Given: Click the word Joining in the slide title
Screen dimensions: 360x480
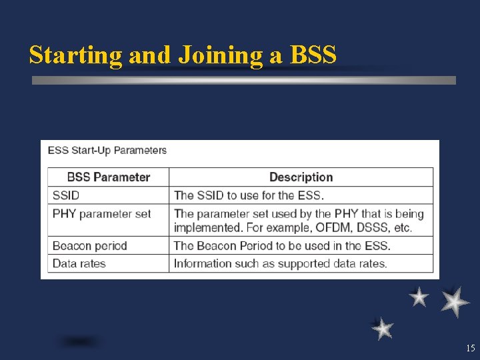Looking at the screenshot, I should (x=220, y=55).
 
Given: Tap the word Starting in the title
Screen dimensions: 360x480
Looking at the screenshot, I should (x=75, y=55).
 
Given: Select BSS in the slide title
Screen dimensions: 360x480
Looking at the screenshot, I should (x=313, y=55).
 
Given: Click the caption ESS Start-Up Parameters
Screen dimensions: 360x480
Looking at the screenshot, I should (x=107, y=150).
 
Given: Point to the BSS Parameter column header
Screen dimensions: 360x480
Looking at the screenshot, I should (x=108, y=177).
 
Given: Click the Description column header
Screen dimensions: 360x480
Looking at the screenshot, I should (x=301, y=177).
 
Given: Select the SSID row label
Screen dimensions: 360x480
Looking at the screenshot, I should (x=66, y=195).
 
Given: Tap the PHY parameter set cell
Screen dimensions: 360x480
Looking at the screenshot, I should (x=101, y=214).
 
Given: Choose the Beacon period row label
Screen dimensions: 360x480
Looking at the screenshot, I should (x=89, y=245).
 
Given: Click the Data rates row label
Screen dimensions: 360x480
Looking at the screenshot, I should (x=79, y=263).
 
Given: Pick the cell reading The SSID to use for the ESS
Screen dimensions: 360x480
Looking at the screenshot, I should (x=249, y=195).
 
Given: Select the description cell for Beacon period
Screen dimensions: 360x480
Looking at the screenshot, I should (x=282, y=245).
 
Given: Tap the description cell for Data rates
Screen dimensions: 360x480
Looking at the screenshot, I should (x=280, y=263).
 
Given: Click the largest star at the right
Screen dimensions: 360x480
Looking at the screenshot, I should (x=455, y=302).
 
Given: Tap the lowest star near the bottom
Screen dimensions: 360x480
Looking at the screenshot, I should (x=383, y=329).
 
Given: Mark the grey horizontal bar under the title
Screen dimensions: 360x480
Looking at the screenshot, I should (x=244, y=80).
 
